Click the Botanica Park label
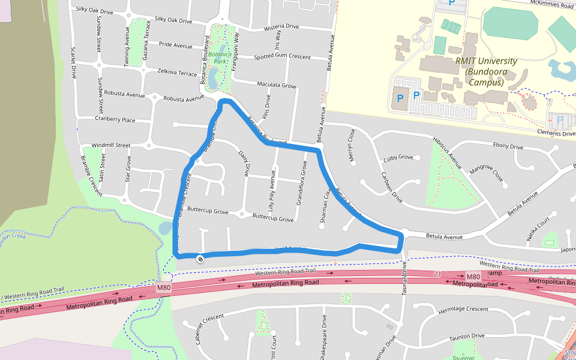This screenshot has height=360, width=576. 220,58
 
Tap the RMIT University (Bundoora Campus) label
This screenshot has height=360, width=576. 486,71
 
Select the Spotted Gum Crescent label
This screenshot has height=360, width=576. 282,57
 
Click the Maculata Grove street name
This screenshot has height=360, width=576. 277,85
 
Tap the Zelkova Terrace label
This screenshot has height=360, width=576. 177,73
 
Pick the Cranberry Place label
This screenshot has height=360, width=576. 115,119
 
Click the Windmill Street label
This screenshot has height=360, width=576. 111,145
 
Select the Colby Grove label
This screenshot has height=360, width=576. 398,158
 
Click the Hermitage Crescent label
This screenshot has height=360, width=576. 463,309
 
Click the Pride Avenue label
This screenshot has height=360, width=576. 175,45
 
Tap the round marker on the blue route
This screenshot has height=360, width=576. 199,259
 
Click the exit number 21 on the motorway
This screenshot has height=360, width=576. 437,274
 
